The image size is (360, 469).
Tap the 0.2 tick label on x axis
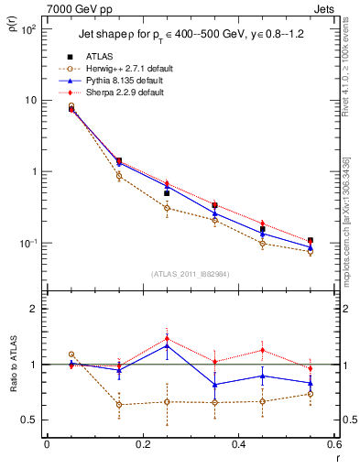point(142,444)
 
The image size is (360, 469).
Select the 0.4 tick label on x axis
point(237,444)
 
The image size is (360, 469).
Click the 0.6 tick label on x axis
point(332,444)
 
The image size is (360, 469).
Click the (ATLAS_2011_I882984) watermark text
point(190,273)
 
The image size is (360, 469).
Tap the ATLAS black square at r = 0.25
point(167,193)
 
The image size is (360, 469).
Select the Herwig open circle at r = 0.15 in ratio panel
point(119,404)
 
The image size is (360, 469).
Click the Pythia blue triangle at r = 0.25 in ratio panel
point(167,345)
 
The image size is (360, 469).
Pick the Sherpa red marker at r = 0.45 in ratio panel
point(262,350)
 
